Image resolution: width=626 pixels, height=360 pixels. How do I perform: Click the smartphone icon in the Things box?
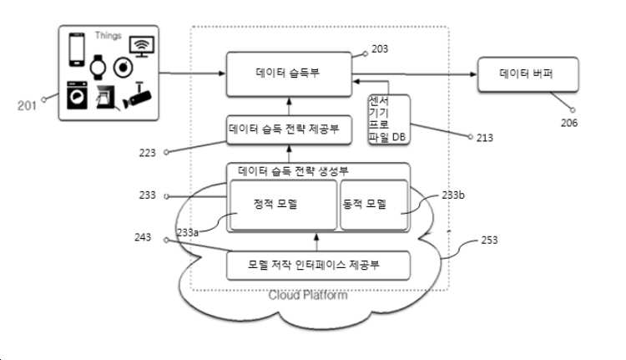point(77,49)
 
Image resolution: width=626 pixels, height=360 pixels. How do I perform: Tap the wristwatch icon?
point(98,67)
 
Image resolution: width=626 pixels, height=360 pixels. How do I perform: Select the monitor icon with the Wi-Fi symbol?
point(142,46)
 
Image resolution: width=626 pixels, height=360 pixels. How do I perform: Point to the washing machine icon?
point(77,95)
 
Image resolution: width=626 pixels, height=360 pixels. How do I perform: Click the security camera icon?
point(137,96)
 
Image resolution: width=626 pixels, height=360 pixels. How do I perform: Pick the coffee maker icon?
point(106,97)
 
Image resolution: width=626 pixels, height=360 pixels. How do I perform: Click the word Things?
point(108,36)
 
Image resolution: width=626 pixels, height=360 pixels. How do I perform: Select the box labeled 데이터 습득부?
point(289,74)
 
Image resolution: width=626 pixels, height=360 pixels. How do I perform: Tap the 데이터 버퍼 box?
point(528,74)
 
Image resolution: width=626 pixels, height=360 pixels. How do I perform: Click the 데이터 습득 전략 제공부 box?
point(289,129)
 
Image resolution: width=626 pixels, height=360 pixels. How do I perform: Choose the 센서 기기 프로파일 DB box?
point(389,119)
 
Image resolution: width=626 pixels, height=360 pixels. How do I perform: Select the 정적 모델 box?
point(284,205)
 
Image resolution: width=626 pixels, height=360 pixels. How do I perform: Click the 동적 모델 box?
point(374,205)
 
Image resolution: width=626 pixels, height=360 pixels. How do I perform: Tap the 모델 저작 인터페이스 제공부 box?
point(318,266)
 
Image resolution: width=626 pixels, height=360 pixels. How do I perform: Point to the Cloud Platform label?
point(308,296)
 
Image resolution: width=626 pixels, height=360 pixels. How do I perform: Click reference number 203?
point(380,49)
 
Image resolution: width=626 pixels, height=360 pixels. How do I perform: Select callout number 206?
point(569,123)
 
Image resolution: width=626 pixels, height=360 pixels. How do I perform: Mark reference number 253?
point(489,240)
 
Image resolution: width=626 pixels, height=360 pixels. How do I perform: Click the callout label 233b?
point(453,195)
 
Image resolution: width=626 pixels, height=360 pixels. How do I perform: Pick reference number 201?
point(27,106)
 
